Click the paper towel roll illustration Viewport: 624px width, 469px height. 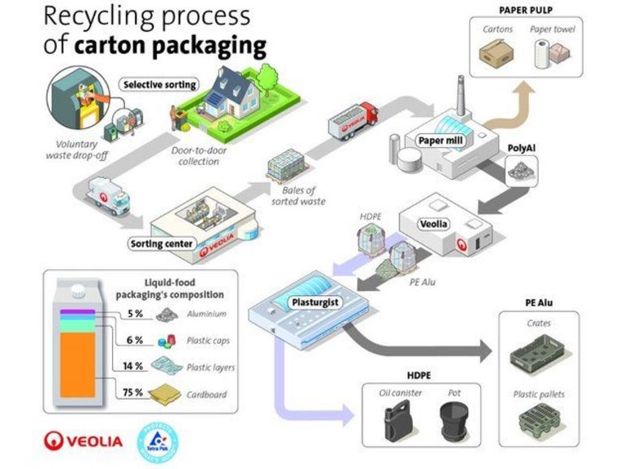click(x=543, y=54)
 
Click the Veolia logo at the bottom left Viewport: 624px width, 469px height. click(x=84, y=441)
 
